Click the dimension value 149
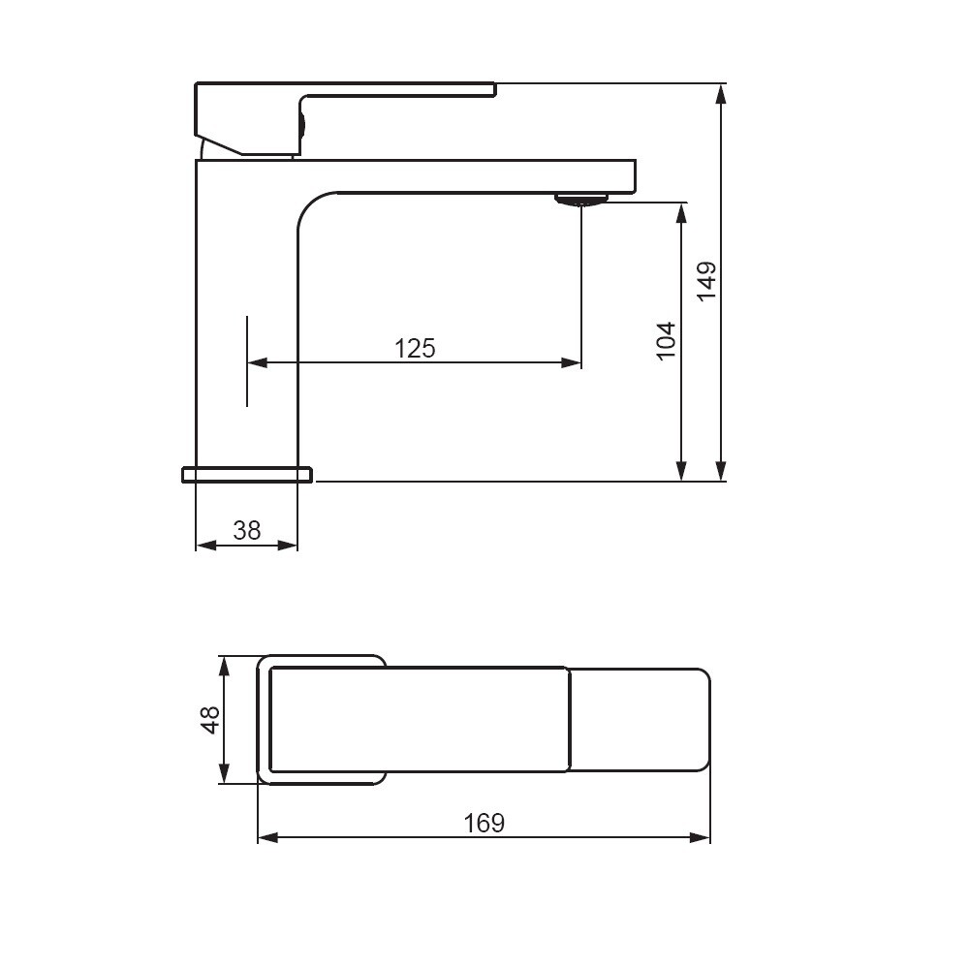pos(707,281)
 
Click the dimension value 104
pos(666,340)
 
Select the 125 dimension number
pos(415,349)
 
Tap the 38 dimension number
pos(246,530)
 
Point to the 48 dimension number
pos(210,720)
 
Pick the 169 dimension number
pos(484,823)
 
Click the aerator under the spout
pos(580,199)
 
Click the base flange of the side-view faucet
pos(247,475)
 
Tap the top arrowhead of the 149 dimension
pos(721,93)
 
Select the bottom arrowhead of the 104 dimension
pos(681,471)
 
